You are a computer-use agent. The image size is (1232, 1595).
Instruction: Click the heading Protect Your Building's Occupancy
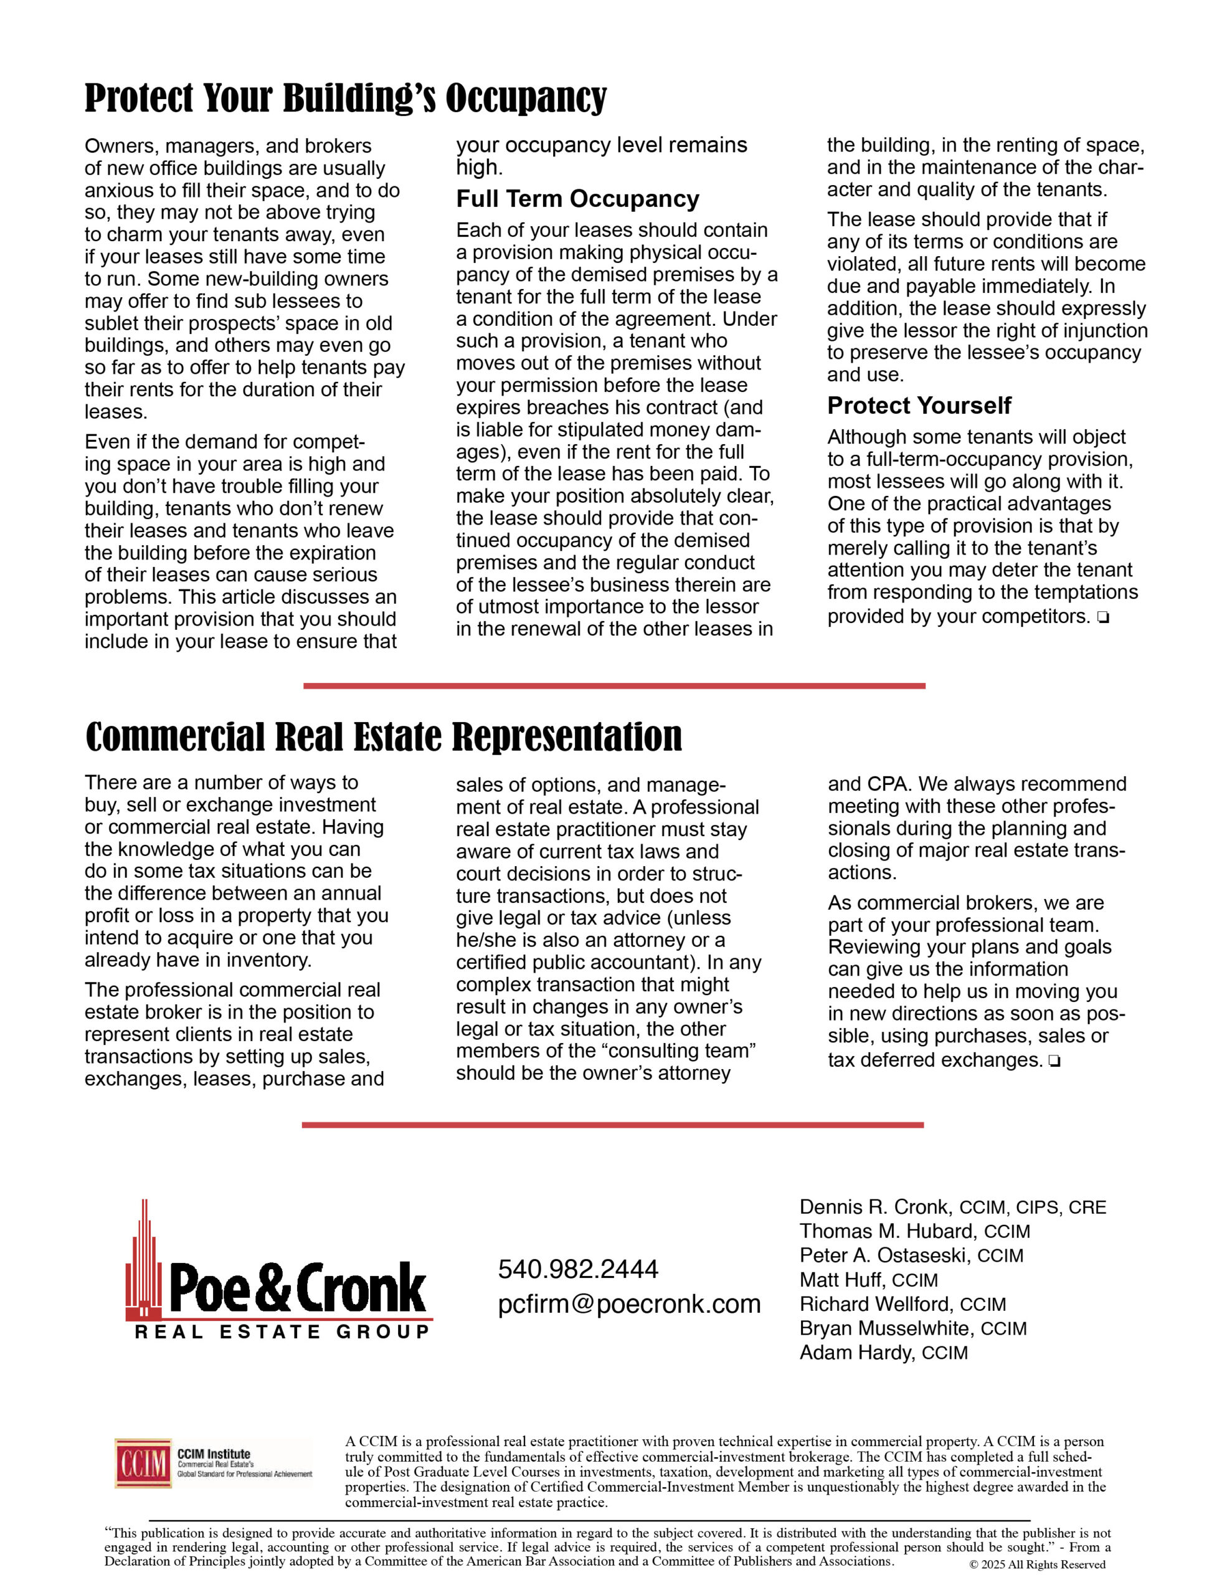[x=346, y=98]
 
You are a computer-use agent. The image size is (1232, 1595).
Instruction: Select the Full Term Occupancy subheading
[x=577, y=199]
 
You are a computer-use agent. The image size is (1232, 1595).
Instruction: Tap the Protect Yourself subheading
[x=919, y=406]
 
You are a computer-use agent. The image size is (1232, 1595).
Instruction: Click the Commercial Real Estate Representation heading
[x=384, y=736]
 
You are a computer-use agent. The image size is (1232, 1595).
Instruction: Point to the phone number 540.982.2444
[x=577, y=1269]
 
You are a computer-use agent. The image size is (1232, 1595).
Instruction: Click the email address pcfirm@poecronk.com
[x=629, y=1304]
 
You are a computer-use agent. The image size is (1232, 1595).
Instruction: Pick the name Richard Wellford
[x=876, y=1303]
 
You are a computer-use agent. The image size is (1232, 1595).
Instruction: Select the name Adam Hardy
[x=856, y=1353]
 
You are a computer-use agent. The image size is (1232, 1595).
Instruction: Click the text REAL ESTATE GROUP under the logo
[x=282, y=1332]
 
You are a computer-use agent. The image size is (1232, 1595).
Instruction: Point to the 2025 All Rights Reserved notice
[x=1036, y=1564]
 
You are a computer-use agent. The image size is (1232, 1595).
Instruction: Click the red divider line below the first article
[x=614, y=686]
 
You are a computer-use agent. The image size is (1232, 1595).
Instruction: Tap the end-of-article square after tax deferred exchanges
[x=1053, y=1061]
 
